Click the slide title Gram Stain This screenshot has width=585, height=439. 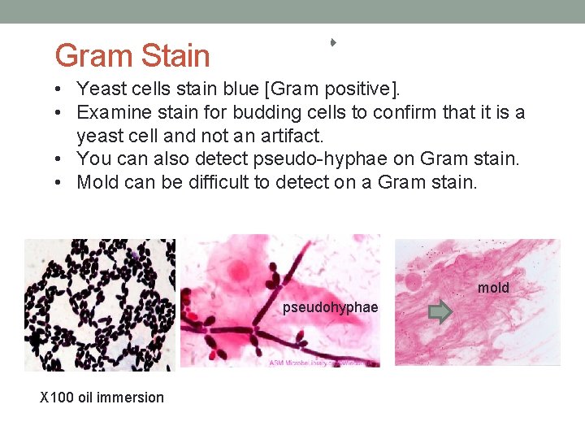[132, 55]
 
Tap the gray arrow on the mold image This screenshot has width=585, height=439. [440, 313]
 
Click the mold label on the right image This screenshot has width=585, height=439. [493, 288]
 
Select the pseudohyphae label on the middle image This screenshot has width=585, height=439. [330, 307]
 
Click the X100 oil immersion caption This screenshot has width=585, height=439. [102, 397]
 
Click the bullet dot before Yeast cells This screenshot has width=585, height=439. [62, 89]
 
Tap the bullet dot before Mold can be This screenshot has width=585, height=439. [62, 183]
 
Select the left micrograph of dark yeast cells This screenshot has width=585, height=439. [99, 304]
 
